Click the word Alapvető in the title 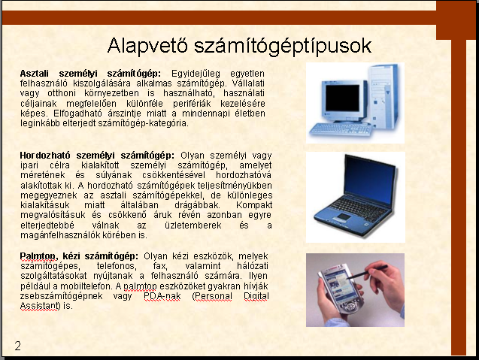pyautogui.click(x=148, y=46)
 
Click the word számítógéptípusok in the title pyautogui.click(x=283, y=47)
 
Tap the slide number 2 pyautogui.click(x=18, y=346)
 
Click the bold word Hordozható pyautogui.click(x=45, y=156)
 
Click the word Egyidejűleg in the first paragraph pyautogui.click(x=196, y=74)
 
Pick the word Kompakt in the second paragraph pyautogui.click(x=254, y=205)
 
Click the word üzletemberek pyautogui.click(x=193, y=225)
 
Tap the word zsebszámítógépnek pyautogui.click(x=62, y=296)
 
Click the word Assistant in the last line pyautogui.click(x=40, y=306)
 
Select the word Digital pyautogui.click(x=256, y=296)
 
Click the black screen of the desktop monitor pyautogui.click(x=342, y=98)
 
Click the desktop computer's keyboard pyautogui.click(x=341, y=130)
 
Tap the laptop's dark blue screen pyautogui.click(x=367, y=181)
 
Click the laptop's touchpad pyautogui.click(x=344, y=217)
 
